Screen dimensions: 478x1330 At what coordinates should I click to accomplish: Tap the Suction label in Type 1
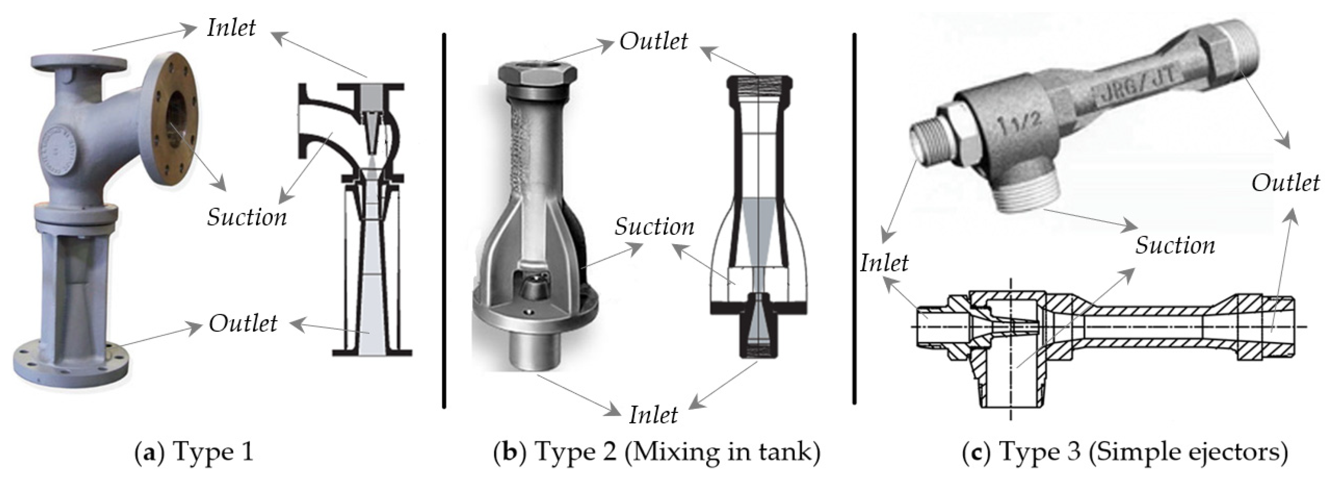coord(247,217)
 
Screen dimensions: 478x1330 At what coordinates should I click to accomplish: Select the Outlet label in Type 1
coord(243,324)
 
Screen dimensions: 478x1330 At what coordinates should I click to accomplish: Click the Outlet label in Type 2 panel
coord(653,41)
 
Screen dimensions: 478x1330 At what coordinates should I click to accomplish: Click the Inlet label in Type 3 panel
coord(884,263)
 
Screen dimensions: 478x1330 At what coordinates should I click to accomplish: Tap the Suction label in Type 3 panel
coord(1175,245)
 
